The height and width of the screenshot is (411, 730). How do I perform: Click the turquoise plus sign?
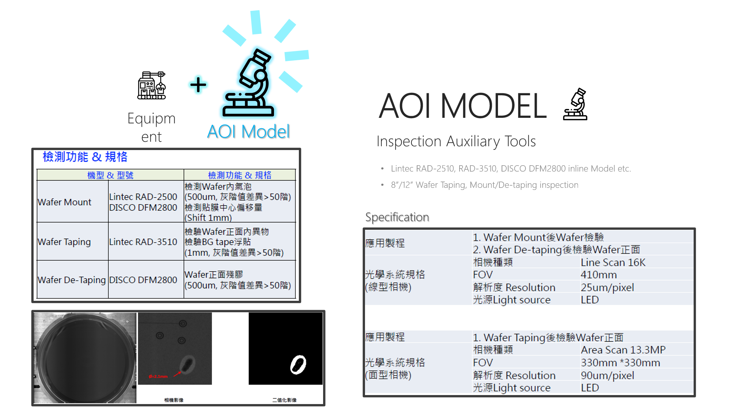(x=198, y=85)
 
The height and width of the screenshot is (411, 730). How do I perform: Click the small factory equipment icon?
(x=152, y=86)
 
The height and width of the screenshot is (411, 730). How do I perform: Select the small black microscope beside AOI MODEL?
(x=575, y=104)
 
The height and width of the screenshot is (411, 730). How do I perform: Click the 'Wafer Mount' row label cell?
(x=64, y=202)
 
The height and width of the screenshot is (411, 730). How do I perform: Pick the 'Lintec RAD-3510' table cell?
(x=143, y=242)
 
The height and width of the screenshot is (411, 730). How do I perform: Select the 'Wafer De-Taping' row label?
(x=72, y=280)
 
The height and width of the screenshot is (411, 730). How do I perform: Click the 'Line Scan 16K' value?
(x=613, y=262)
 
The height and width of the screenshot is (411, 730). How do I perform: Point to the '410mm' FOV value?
(x=599, y=275)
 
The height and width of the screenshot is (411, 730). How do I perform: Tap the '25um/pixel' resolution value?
(x=607, y=287)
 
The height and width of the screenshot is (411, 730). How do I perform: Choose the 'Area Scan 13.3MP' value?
(x=623, y=350)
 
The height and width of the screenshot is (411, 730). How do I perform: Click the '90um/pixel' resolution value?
(x=607, y=375)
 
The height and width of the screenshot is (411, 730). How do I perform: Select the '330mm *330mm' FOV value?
(x=621, y=362)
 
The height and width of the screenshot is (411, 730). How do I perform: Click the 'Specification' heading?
(x=397, y=217)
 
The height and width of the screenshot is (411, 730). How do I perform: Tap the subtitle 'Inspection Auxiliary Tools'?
(x=456, y=141)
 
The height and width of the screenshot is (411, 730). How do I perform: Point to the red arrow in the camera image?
(x=177, y=374)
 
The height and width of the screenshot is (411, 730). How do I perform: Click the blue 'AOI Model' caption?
(x=248, y=132)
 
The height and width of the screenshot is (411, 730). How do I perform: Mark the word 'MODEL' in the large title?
(x=493, y=106)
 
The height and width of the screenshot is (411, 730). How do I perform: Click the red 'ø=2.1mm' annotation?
(x=158, y=376)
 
